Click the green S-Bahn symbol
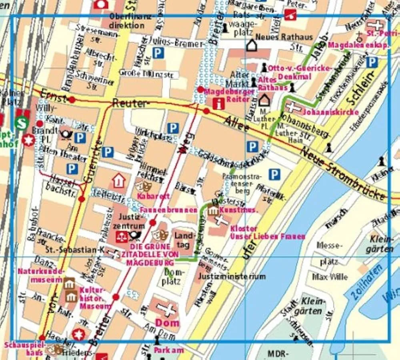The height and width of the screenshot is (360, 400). (x=22, y=123)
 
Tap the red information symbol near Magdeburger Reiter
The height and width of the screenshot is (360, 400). (x=218, y=104)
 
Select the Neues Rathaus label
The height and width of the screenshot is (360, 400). (x=284, y=37)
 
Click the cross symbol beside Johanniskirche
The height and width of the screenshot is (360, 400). (x=294, y=107)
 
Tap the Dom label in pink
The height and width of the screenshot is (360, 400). (x=167, y=322)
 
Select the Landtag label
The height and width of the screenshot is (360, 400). (x=184, y=239)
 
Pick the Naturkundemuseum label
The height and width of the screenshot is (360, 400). (x=40, y=275)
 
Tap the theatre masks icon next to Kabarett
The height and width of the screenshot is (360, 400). (x=142, y=186)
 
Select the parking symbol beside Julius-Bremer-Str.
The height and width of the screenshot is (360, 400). (x=158, y=53)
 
